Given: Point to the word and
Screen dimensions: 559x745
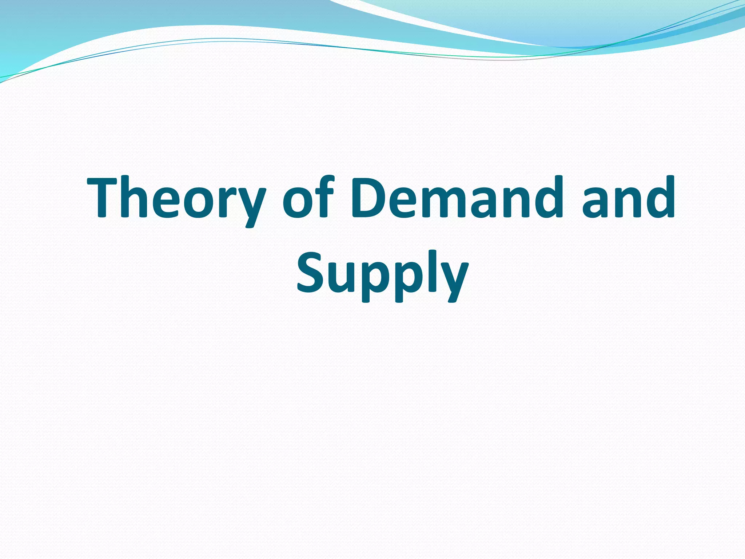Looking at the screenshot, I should [628, 198].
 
